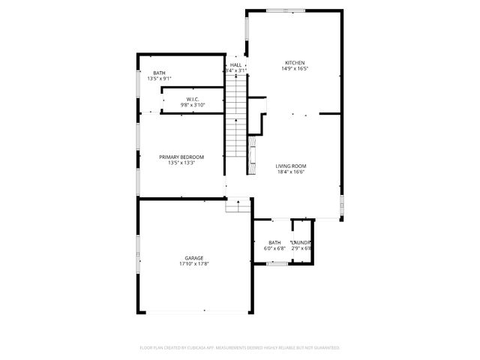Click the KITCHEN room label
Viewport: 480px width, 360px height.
click(295, 62)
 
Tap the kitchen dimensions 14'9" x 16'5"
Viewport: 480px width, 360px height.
click(295, 69)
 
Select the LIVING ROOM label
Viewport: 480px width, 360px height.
click(290, 166)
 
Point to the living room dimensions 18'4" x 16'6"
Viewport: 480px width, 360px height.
click(290, 172)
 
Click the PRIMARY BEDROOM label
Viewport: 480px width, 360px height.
click(181, 157)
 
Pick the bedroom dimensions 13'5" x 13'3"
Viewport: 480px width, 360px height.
click(181, 163)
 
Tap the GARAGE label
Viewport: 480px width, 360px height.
click(193, 258)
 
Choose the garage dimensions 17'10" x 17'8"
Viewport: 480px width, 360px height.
click(193, 264)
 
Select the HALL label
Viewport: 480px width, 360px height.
click(235, 65)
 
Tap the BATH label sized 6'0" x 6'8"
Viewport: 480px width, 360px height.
click(274, 242)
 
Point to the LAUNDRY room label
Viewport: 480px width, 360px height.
click(301, 242)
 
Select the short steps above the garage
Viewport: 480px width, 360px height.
click(239, 204)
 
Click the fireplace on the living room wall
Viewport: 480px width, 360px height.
click(253, 151)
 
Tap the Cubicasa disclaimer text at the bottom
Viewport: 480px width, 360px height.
click(240, 347)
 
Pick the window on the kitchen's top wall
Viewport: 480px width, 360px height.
click(280, 10)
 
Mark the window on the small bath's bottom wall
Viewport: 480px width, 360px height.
click(277, 263)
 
